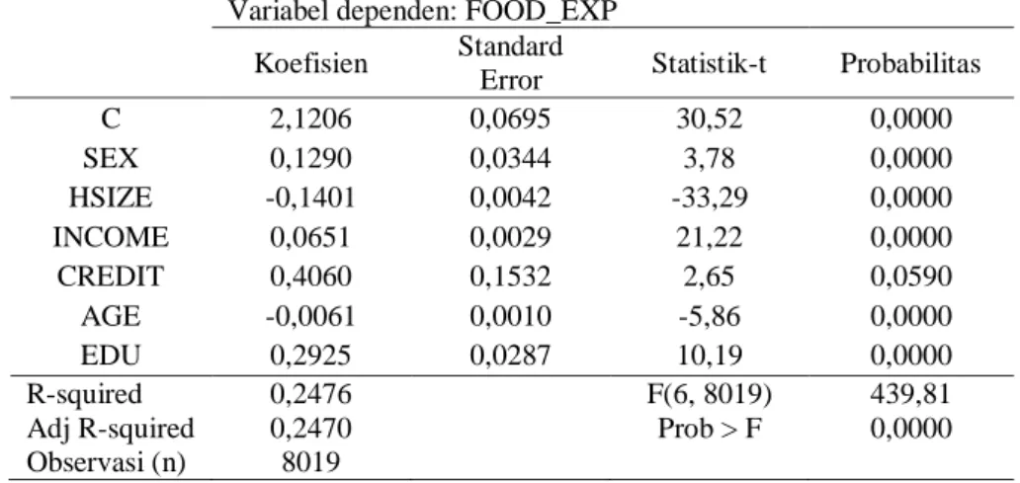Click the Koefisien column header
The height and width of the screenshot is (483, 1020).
pyautogui.click(x=310, y=63)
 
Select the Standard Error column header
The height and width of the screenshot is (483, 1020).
pyautogui.click(x=511, y=63)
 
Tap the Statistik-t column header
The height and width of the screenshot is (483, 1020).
pyautogui.click(x=709, y=63)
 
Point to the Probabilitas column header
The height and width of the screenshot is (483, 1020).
pyautogui.click(x=910, y=63)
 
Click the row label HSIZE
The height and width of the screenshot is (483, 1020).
pyautogui.click(x=111, y=198)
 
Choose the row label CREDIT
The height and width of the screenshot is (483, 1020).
pyautogui.click(x=111, y=277)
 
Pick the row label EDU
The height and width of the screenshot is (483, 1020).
pyautogui.click(x=111, y=356)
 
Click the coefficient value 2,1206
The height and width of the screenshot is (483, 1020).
pyautogui.click(x=310, y=119)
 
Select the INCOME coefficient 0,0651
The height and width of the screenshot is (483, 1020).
pyautogui.click(x=310, y=237)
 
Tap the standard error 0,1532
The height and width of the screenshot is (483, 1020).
pyautogui.click(x=511, y=277)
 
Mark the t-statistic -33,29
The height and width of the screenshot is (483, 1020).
pyautogui.click(x=709, y=198)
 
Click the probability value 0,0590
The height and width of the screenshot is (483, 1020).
pyautogui.click(x=910, y=277)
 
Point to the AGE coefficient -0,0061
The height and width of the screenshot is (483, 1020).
pyautogui.click(x=310, y=316)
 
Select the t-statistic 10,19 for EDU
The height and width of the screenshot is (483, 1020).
pyautogui.click(x=709, y=356)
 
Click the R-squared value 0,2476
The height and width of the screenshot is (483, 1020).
pyautogui.click(x=310, y=393)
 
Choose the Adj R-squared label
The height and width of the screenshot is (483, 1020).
pyautogui.click(x=111, y=429)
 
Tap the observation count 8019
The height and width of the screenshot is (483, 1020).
pyautogui.click(x=310, y=462)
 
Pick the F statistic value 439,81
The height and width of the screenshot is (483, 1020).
pyautogui.click(x=910, y=393)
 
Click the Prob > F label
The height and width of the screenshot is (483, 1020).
pyautogui.click(x=709, y=429)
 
